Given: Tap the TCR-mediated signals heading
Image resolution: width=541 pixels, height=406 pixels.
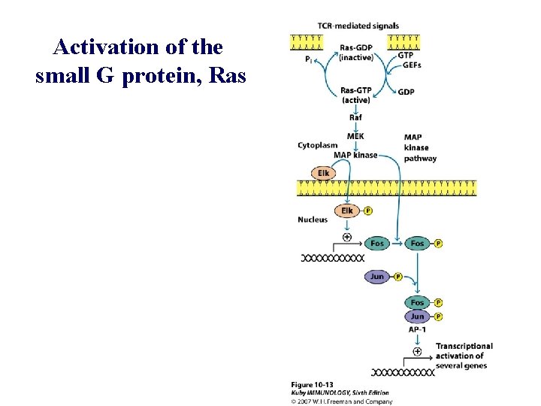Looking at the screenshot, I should (358, 26).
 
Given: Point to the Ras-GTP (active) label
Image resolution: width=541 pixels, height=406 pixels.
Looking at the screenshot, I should (355, 95).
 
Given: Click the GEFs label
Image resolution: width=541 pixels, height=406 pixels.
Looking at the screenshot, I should (411, 65).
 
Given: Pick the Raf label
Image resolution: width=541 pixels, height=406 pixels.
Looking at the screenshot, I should (356, 117).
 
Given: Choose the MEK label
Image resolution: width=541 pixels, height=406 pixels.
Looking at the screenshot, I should (356, 136).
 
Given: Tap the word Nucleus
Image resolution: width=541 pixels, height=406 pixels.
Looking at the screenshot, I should (313, 220).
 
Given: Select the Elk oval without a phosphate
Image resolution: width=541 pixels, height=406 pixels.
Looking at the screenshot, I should (323, 174).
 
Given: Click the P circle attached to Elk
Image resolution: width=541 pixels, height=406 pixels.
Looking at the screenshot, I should (367, 211).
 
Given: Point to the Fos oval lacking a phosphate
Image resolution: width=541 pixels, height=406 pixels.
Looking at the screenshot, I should (377, 243).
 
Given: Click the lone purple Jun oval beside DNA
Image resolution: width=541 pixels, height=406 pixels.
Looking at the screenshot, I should (377, 277).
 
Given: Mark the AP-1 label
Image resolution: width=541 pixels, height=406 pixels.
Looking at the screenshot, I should (418, 330).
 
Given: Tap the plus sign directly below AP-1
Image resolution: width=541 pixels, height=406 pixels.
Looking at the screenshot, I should (417, 350).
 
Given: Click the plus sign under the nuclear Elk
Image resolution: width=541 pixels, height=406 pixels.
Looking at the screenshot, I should (346, 237).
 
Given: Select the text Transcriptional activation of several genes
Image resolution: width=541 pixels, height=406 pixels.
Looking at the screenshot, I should (464, 356).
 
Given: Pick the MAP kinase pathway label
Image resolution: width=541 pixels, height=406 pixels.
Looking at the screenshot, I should (419, 148).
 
